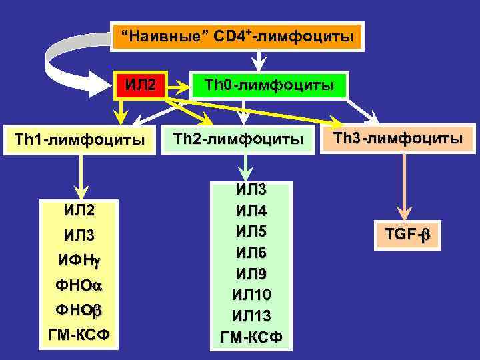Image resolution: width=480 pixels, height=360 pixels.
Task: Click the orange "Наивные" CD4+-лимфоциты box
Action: [x=238, y=36]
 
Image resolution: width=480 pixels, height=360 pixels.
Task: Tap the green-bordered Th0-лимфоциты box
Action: [x=269, y=85]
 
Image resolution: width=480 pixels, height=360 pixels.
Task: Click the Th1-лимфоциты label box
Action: [x=81, y=140]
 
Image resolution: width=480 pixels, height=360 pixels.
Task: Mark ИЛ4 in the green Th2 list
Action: [x=251, y=211]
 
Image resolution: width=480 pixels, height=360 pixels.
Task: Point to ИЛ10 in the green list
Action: [x=251, y=294]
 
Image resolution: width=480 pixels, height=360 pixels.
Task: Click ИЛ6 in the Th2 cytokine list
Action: [x=251, y=253]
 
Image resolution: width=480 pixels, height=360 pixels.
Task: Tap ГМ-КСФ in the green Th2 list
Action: [x=251, y=336]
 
